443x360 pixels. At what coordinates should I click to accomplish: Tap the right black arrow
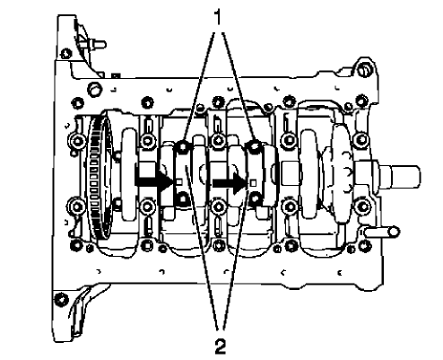(x=228, y=180)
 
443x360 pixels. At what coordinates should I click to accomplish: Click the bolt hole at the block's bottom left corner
(x=59, y=298)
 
